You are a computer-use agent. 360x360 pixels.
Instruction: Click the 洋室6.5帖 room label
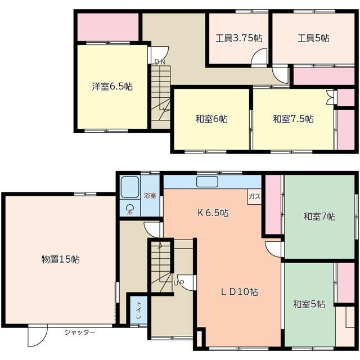point(112,87)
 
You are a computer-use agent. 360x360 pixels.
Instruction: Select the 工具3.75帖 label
point(239,39)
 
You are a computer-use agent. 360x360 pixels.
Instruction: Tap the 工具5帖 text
point(313,39)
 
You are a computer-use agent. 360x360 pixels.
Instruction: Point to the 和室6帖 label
point(211,119)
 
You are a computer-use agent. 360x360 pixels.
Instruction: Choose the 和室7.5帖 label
point(293,119)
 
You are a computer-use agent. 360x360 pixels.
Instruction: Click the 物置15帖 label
point(60,259)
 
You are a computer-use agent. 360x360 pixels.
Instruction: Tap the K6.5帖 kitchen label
point(212,213)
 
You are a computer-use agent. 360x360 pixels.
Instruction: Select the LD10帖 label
point(239,292)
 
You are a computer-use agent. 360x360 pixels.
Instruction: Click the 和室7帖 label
point(319,216)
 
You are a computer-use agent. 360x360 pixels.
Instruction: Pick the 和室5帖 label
point(309,304)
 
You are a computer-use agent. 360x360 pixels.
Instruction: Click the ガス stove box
point(254,196)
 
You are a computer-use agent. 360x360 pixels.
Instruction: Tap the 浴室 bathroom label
point(150,196)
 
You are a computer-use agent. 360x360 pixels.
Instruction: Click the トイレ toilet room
point(138,310)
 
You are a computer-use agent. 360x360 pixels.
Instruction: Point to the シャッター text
point(79,332)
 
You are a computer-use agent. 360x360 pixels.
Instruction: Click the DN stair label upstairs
point(159,62)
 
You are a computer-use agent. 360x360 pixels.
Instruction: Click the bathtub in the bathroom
point(130,186)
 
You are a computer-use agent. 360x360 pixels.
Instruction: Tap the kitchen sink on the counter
point(206,181)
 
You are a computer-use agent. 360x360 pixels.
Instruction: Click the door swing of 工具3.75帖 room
point(259,57)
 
